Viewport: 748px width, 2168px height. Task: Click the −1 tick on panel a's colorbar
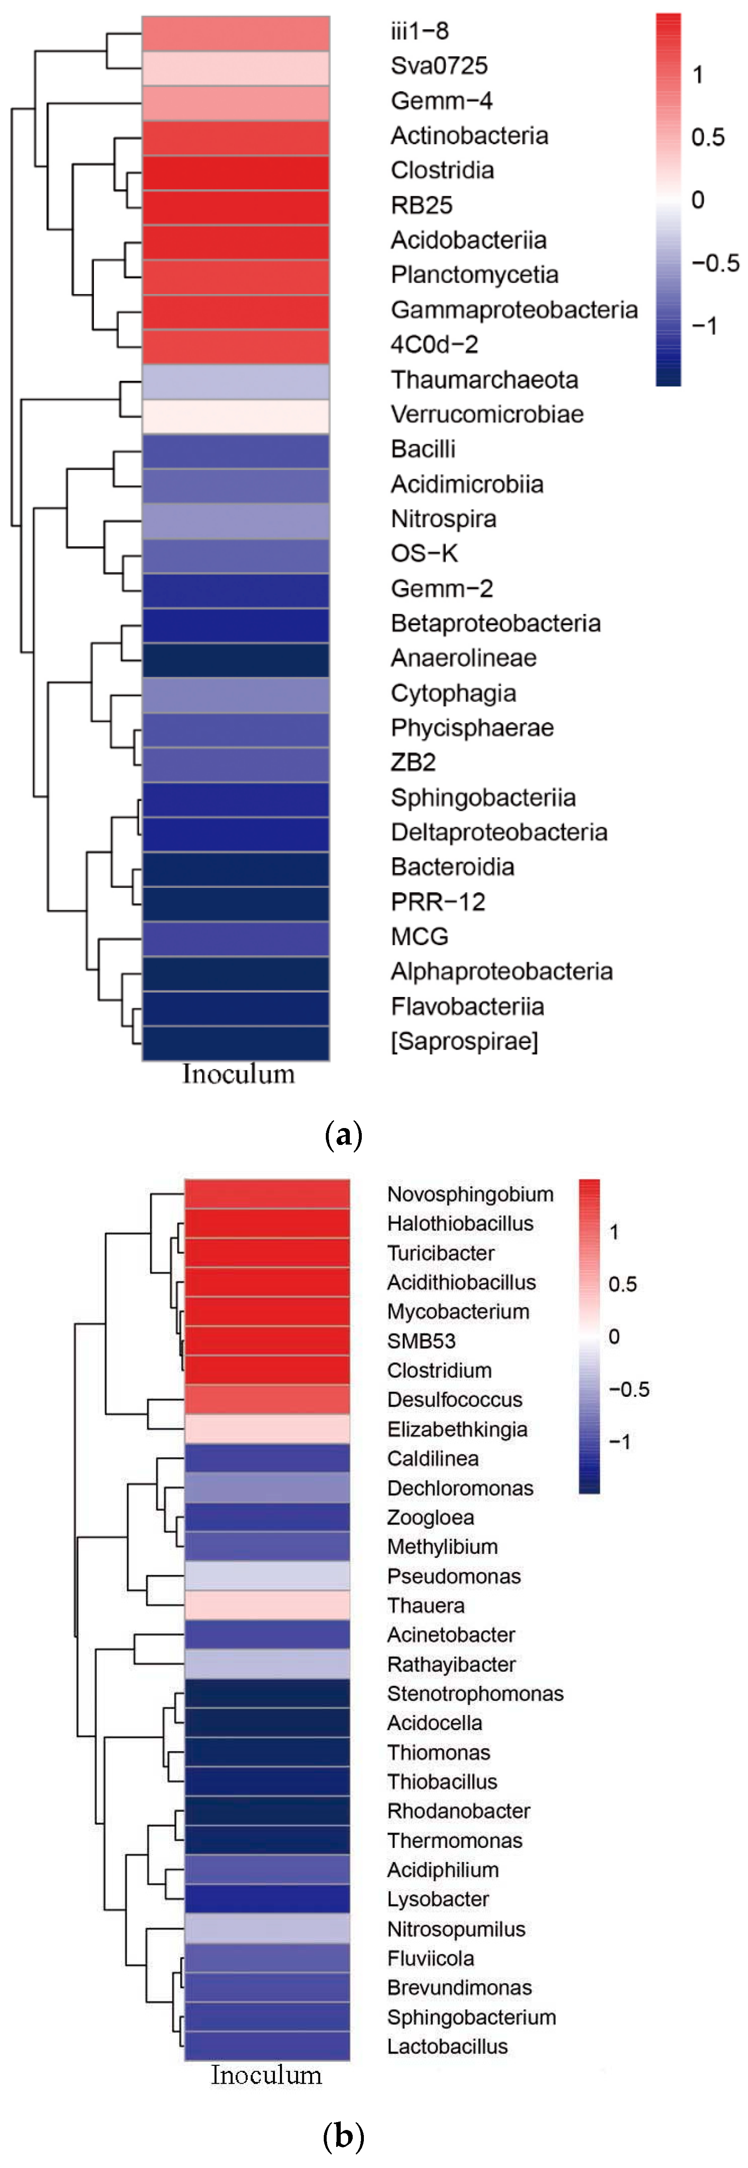[x=704, y=326]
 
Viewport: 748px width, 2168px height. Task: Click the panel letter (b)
[x=343, y=2136]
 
